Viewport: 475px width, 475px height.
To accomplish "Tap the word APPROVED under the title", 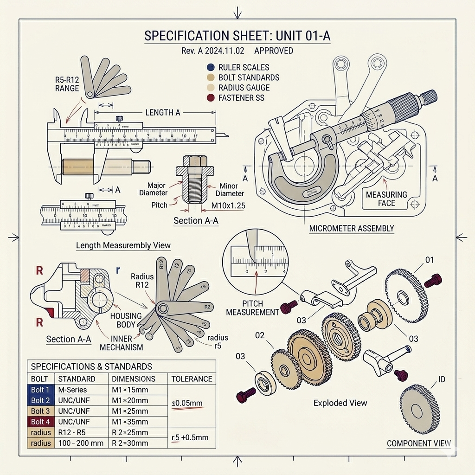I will pos(274,51).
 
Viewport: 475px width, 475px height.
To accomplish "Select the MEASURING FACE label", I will pos(386,199).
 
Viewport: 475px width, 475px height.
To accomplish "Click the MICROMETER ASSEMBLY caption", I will pos(352,228).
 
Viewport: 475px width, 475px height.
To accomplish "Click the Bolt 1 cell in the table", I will pos(40,390).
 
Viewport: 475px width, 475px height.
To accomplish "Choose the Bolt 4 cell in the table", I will pos(40,422).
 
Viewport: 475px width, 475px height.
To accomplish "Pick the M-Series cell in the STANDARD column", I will pos(72,390).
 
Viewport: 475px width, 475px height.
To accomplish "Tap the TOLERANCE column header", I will pos(192,379).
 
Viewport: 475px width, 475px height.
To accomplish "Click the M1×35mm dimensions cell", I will pos(130,422).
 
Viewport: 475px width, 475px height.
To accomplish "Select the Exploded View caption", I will pos(340,403).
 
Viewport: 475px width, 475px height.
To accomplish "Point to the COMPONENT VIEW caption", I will pos(418,443).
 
